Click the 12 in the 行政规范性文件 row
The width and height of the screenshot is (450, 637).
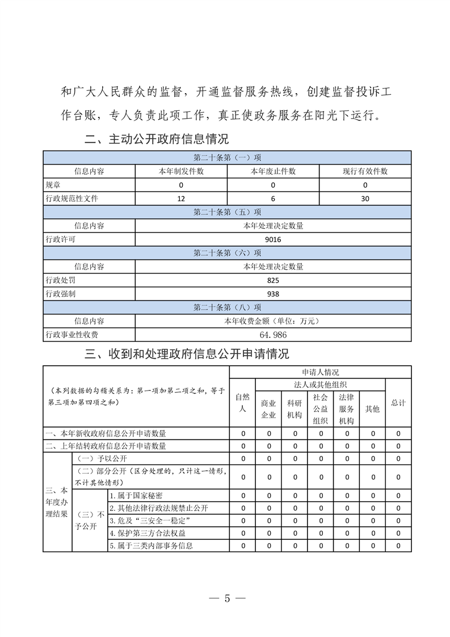tap(181, 199)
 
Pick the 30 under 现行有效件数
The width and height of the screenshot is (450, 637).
tap(365, 199)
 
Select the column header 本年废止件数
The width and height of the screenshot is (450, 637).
tap(273, 171)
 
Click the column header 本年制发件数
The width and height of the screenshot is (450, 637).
tap(181, 171)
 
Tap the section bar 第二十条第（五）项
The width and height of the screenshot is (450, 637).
tap(227, 212)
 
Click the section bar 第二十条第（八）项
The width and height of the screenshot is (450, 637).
tap(227, 308)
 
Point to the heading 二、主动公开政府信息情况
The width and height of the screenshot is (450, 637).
tap(157, 139)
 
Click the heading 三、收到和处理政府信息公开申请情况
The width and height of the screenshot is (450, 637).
tap(187, 354)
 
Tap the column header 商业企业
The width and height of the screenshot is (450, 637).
tap(268, 409)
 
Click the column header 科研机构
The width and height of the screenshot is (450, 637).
tap(295, 409)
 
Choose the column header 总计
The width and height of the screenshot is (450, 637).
tap(398, 403)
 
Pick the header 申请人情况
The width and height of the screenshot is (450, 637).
tap(320, 372)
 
